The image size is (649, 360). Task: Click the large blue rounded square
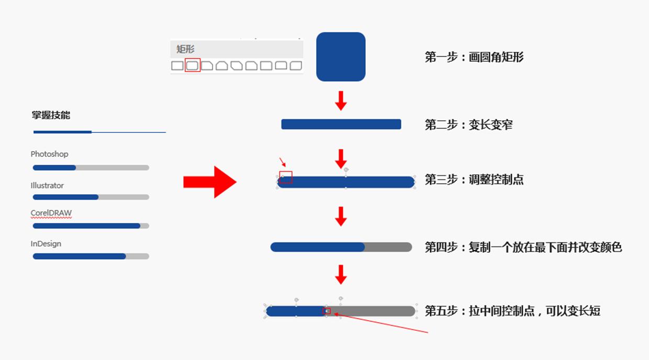click(341, 57)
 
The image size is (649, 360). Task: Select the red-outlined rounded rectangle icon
click(193, 65)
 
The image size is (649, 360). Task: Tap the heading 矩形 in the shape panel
click(185, 49)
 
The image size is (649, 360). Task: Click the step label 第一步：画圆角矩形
click(474, 57)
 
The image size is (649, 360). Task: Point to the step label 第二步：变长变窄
click(468, 125)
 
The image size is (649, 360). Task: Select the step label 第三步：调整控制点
click(474, 180)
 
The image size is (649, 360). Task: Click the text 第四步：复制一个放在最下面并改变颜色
click(523, 247)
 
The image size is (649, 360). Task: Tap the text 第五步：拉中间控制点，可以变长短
click(512, 311)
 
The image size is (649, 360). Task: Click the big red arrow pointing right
click(210, 182)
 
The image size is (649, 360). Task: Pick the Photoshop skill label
click(49, 154)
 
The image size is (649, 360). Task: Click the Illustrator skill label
click(47, 185)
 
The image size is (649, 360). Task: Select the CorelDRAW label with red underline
click(51, 213)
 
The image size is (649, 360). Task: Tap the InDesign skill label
click(46, 244)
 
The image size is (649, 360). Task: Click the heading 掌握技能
click(51, 115)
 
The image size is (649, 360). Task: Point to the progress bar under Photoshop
click(91, 167)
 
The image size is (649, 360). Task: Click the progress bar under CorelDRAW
click(91, 226)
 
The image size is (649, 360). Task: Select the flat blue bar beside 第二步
click(341, 124)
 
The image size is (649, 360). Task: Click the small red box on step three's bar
click(286, 177)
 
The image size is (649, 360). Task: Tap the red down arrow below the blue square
click(341, 100)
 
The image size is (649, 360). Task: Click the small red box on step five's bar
click(327, 311)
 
